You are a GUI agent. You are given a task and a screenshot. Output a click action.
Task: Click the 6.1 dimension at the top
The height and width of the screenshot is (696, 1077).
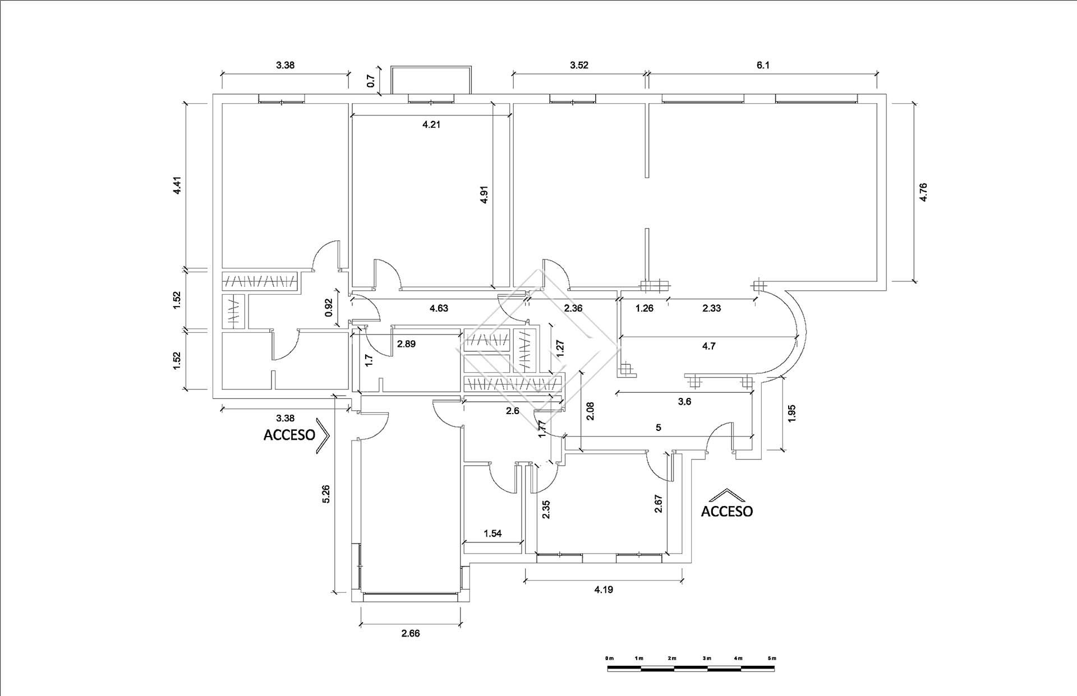click(763, 65)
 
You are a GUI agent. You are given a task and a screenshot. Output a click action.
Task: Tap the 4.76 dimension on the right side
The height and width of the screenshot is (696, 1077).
click(923, 192)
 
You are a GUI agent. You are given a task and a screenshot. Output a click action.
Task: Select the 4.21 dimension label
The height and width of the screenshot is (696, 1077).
click(431, 124)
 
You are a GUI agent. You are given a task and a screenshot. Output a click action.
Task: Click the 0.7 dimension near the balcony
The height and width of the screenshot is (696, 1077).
click(370, 81)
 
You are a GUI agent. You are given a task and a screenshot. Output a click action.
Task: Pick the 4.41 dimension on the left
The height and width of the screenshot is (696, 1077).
click(177, 185)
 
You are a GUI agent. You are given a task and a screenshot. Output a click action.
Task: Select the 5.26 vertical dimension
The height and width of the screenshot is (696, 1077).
click(326, 493)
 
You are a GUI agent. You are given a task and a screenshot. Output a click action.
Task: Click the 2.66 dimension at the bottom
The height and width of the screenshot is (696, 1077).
click(410, 634)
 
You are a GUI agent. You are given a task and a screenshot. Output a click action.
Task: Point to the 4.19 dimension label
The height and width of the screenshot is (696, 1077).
click(604, 589)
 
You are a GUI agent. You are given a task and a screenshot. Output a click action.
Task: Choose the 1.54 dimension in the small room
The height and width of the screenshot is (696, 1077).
click(493, 533)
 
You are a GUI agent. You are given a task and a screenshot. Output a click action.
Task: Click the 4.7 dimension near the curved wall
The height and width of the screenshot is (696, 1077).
click(708, 346)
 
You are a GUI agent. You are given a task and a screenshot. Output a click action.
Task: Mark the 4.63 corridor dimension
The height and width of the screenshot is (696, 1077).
click(439, 308)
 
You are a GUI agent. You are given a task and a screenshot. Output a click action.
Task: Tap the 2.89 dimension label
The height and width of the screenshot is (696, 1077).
click(406, 344)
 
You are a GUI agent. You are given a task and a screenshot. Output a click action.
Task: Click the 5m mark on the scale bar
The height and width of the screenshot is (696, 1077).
click(771, 658)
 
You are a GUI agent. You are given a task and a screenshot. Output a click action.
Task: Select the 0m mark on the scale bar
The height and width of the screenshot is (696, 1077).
click(609, 658)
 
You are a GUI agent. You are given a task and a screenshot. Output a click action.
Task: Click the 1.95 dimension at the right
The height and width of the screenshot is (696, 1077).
click(791, 414)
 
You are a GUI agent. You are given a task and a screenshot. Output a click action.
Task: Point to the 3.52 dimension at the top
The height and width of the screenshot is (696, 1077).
click(579, 65)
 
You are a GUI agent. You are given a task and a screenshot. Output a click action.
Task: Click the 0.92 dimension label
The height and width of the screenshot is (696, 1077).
click(329, 308)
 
